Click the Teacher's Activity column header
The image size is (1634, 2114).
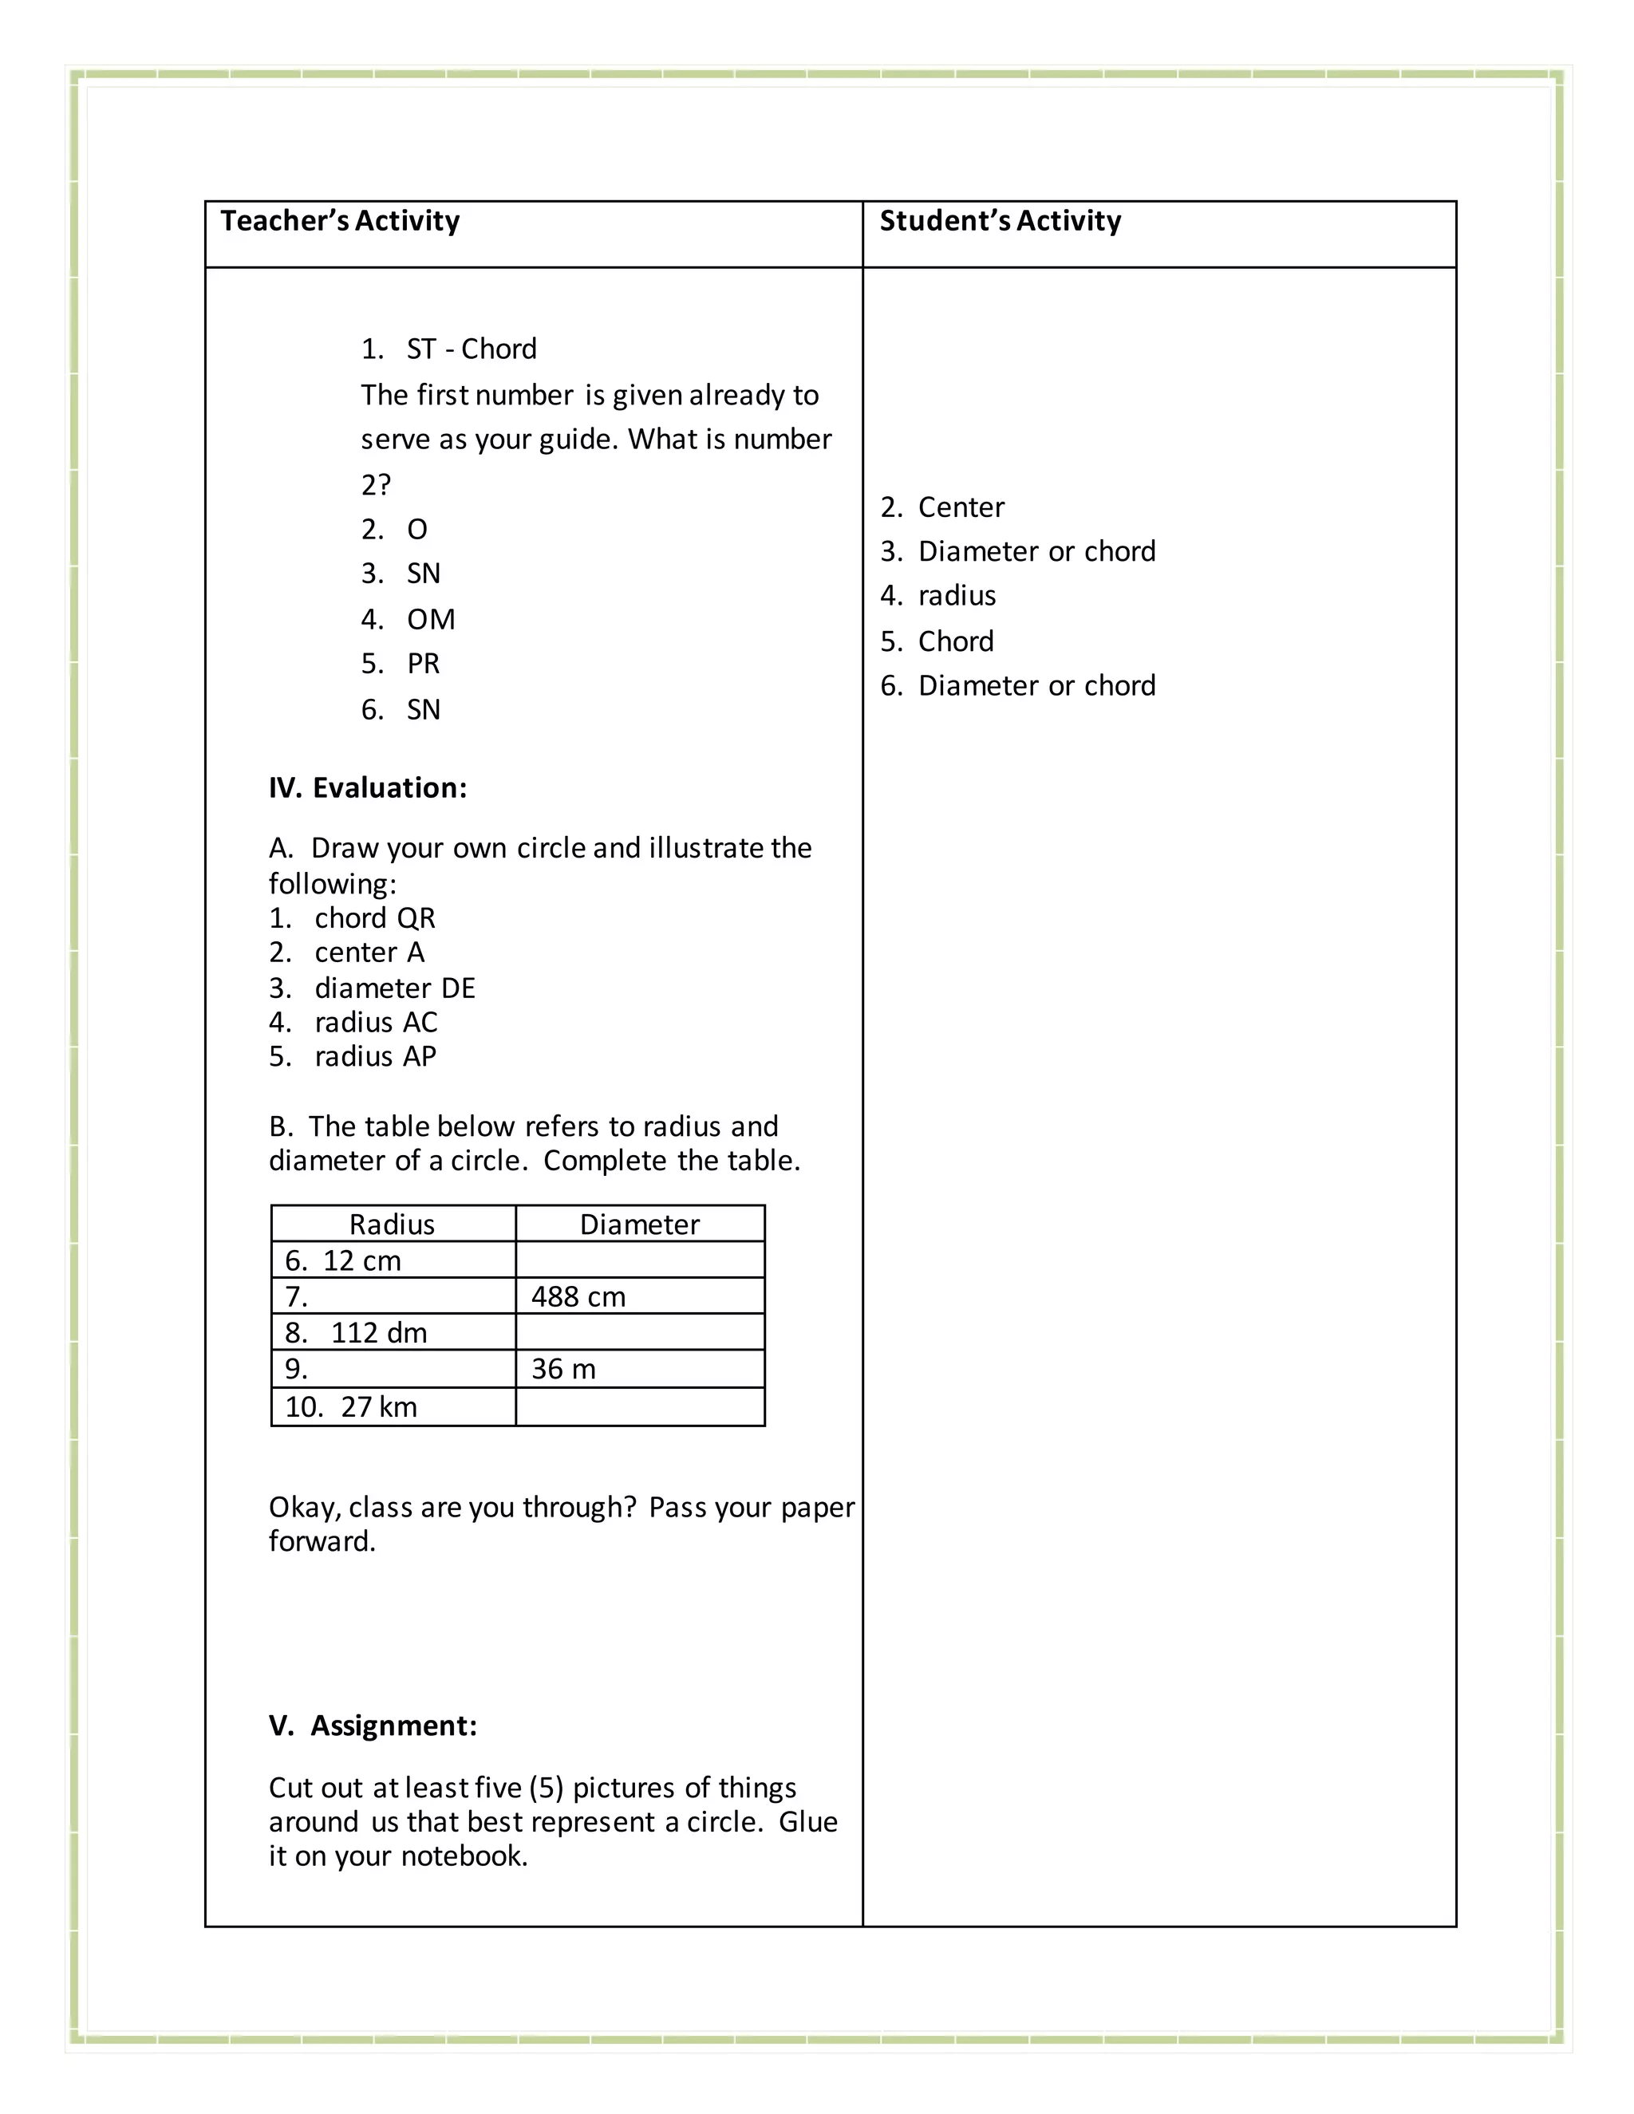[x=340, y=221]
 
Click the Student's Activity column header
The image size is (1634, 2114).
[x=1000, y=221]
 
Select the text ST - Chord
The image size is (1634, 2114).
[x=471, y=349]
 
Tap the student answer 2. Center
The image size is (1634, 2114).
[x=942, y=507]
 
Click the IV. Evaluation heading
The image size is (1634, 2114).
[x=368, y=788]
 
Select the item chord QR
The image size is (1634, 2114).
[x=375, y=917]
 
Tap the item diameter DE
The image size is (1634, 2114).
[x=394, y=988]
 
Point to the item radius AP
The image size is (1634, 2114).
[x=375, y=1056]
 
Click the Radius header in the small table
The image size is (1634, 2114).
[x=392, y=1225]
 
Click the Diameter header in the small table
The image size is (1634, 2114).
[x=639, y=1225]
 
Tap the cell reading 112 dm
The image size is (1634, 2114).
[x=377, y=1333]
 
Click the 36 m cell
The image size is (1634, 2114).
[x=563, y=1370]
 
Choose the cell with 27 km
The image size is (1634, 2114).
[x=377, y=1406]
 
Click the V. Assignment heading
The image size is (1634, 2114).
[x=373, y=1726]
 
